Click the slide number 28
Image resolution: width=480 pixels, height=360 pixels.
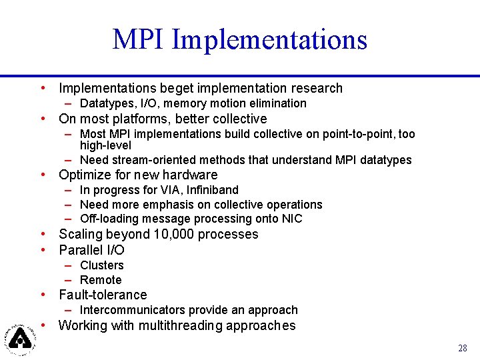point(463,348)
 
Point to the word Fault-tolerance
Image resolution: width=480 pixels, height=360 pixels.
point(103,295)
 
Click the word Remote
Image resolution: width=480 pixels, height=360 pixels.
point(101,280)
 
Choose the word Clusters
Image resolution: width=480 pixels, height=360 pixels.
point(101,265)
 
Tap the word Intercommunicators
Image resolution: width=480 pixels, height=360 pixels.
point(132,310)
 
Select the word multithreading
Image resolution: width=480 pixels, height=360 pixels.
point(180,325)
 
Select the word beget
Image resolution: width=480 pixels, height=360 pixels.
point(177,88)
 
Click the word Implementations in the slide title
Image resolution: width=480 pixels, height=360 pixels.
point(269,39)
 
